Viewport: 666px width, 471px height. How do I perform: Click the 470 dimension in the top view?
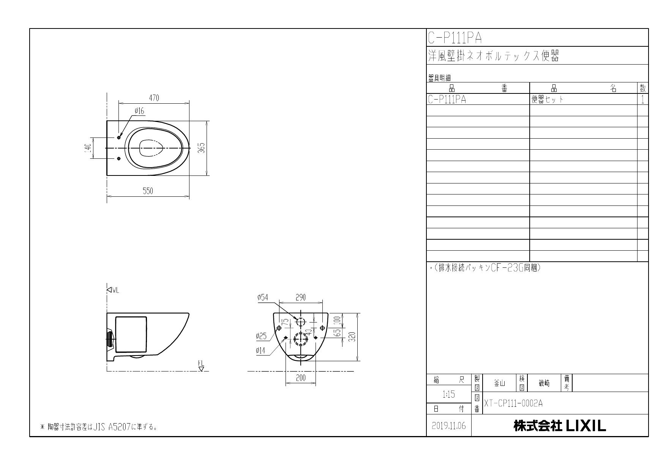(x=154, y=98)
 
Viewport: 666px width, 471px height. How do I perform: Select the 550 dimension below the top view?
(x=148, y=191)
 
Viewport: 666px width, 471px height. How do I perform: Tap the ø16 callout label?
(x=139, y=111)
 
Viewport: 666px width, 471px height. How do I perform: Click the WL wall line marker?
(x=113, y=290)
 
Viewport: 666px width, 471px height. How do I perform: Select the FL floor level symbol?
(x=201, y=366)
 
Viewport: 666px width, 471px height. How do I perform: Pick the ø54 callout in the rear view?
(x=262, y=298)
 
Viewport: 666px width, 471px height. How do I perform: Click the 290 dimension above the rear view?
(x=300, y=297)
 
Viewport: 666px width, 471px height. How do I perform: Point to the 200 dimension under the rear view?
(x=300, y=378)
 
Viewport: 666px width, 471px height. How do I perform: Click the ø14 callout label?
(x=260, y=351)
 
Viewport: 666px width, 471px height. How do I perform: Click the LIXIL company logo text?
(x=560, y=426)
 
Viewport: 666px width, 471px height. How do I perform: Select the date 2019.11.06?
(x=449, y=426)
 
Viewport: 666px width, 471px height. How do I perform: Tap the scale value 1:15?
(x=449, y=395)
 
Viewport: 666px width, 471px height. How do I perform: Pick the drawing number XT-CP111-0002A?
(x=513, y=403)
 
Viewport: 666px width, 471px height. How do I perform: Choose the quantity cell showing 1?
(x=642, y=100)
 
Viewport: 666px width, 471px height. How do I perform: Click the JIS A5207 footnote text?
(x=99, y=427)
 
